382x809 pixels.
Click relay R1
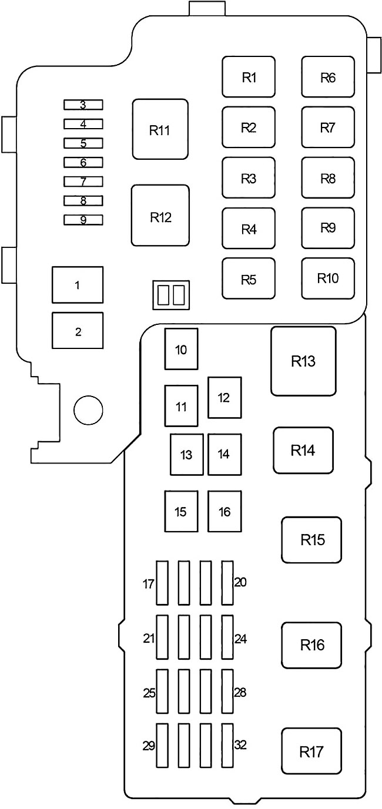click(249, 77)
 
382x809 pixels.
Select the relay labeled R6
click(328, 77)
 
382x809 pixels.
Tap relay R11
click(160, 129)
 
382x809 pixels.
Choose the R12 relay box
click(160, 215)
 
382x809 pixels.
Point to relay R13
click(303, 361)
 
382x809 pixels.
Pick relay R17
click(311, 751)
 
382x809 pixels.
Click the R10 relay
click(328, 278)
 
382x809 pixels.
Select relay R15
click(312, 539)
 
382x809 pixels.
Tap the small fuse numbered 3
click(83, 105)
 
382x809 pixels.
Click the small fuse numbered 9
click(83, 220)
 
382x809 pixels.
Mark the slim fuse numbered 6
click(83, 162)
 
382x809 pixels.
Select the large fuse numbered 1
click(78, 286)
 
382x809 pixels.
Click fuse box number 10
click(181, 350)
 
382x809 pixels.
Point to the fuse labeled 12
click(224, 398)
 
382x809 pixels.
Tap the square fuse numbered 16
click(224, 511)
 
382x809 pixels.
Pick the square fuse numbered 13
click(187, 454)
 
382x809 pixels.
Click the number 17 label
click(149, 584)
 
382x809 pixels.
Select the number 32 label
click(240, 744)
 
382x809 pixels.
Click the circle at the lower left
click(88, 409)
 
